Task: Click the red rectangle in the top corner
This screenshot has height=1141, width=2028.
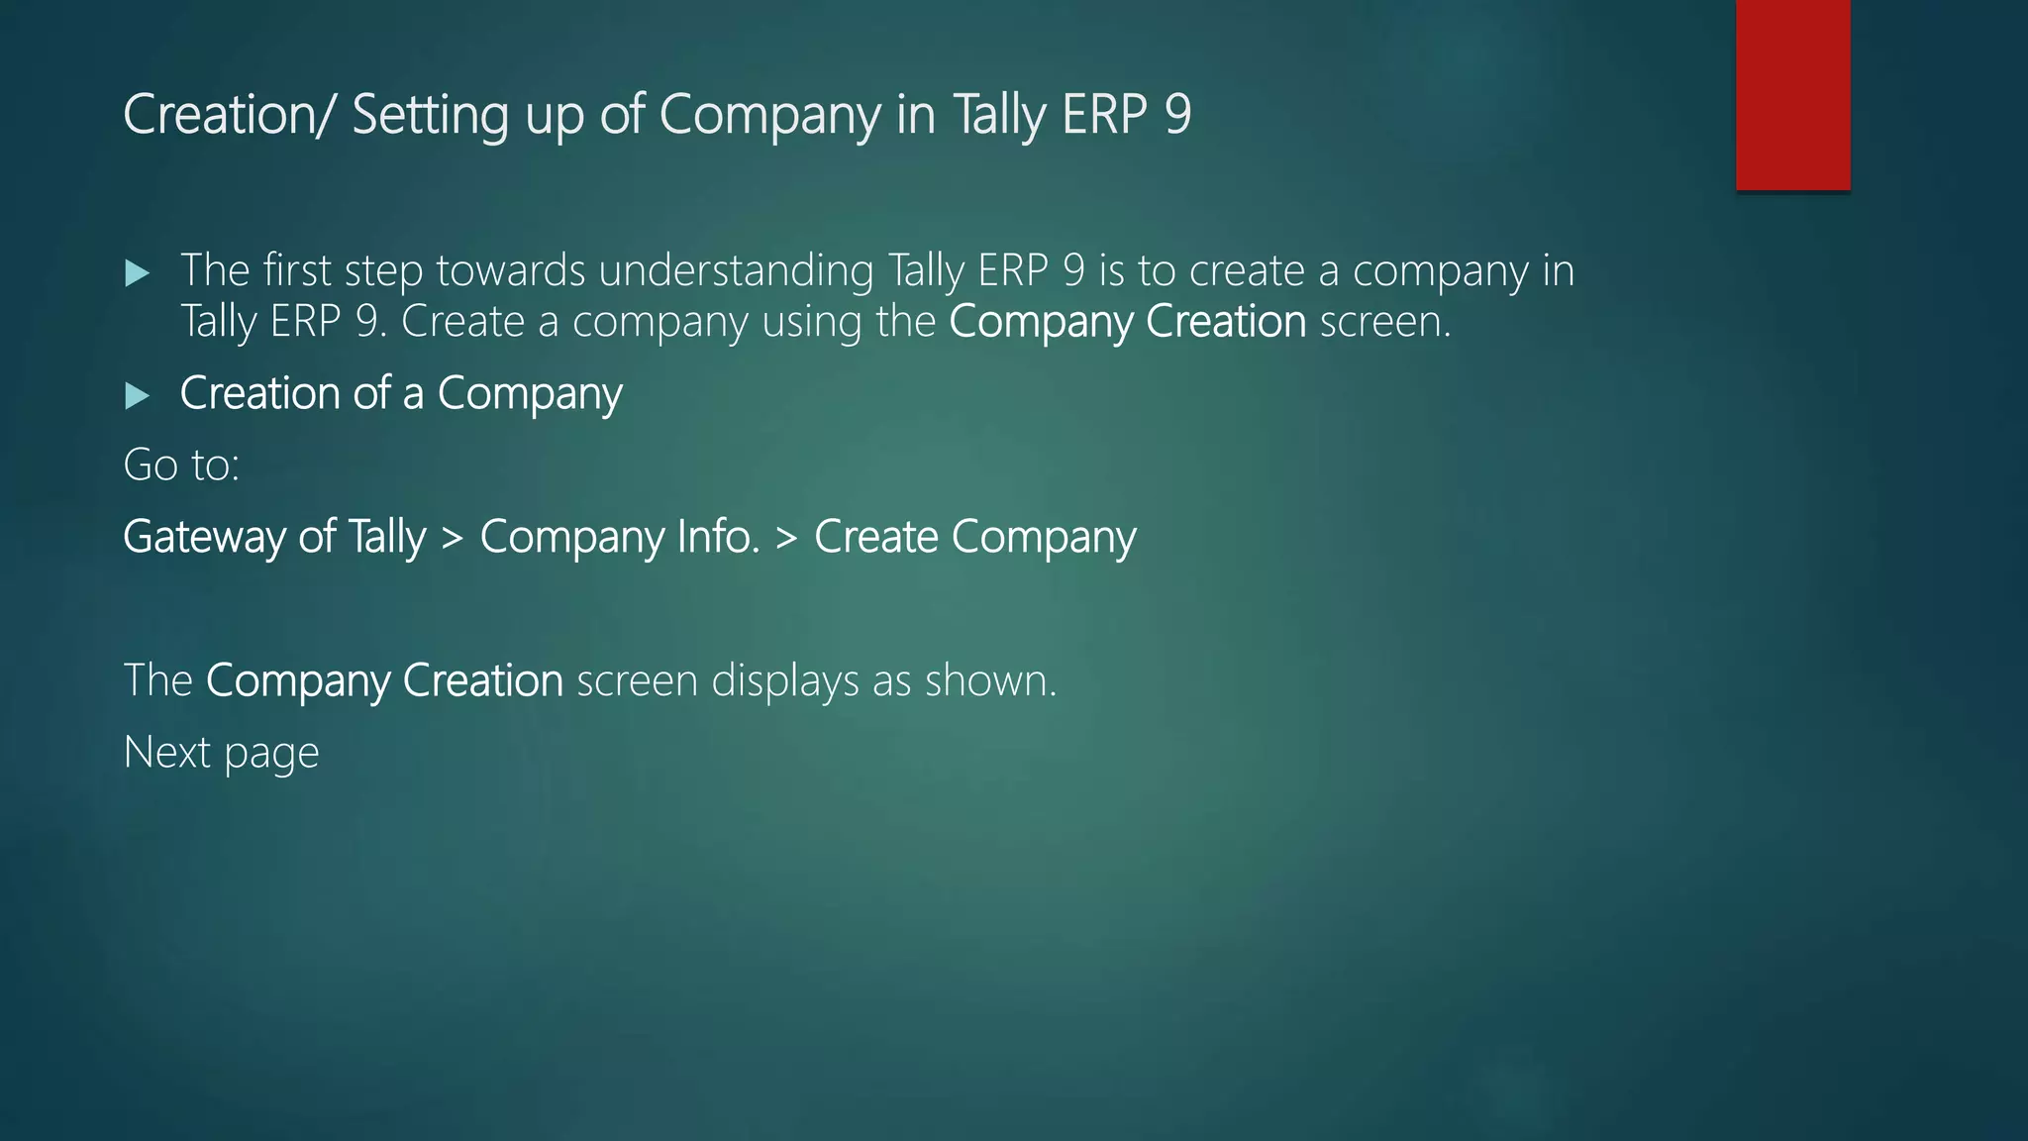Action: (1792, 95)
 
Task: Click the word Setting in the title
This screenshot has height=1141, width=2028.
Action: (430, 115)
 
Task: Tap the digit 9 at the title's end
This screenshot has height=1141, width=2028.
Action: (1177, 114)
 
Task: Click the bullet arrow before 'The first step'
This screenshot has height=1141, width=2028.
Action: (138, 273)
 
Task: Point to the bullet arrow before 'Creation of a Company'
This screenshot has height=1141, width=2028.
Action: (138, 396)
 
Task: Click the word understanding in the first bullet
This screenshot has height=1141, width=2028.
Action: (736, 271)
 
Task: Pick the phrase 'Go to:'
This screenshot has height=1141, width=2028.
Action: (181, 465)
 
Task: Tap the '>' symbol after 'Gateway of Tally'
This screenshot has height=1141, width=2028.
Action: (453, 538)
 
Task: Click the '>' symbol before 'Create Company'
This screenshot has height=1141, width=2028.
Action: (786, 538)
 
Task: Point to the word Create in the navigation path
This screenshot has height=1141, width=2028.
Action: (875, 537)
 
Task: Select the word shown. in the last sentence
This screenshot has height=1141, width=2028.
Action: (990, 680)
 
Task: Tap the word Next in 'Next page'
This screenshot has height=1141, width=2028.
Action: (166, 753)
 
